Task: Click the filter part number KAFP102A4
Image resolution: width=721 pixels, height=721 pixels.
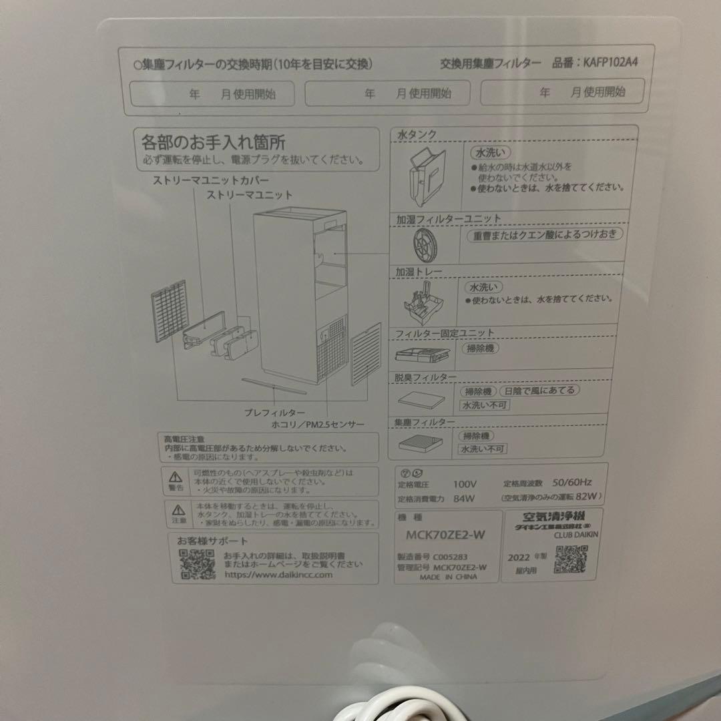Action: tap(610, 64)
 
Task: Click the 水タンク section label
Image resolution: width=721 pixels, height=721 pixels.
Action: tap(417, 135)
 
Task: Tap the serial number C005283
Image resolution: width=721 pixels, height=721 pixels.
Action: tap(451, 555)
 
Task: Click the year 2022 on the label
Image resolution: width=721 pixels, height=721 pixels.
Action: tap(519, 558)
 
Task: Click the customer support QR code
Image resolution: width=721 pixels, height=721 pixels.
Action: tap(197, 565)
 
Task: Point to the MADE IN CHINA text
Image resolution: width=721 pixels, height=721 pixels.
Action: tap(449, 577)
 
